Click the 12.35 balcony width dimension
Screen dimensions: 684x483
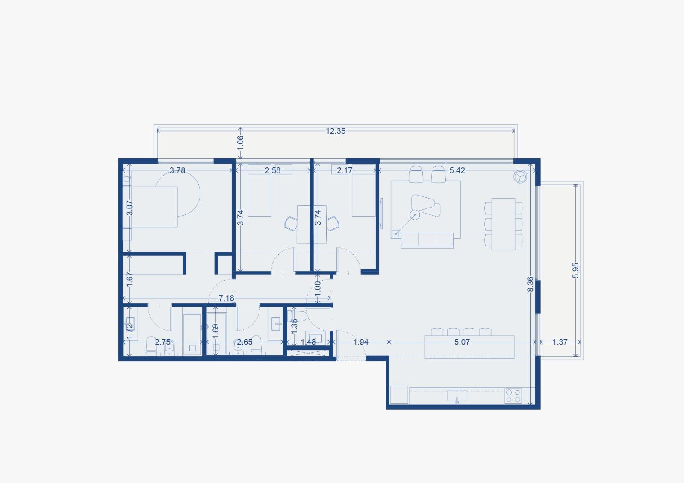point(336,131)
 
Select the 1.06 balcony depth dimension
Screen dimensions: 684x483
point(241,142)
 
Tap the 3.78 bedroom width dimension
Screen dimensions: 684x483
point(177,170)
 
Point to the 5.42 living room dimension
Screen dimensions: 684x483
point(457,170)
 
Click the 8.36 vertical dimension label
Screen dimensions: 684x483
point(531,284)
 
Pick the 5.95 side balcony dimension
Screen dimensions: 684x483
point(575,270)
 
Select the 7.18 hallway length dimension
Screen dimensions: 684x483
point(226,298)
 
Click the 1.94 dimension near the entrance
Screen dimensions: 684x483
point(361,342)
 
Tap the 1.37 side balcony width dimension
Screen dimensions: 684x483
point(560,342)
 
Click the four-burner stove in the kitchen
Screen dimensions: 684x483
point(513,396)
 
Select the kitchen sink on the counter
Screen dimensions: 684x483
point(457,396)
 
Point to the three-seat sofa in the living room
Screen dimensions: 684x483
point(427,240)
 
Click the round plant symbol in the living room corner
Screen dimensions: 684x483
point(520,177)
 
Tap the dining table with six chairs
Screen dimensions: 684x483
point(503,224)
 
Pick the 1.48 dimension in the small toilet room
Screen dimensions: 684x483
point(308,342)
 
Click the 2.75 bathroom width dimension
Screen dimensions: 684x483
point(163,342)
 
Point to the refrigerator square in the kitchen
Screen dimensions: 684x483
point(399,395)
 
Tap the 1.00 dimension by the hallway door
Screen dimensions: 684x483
point(318,288)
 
